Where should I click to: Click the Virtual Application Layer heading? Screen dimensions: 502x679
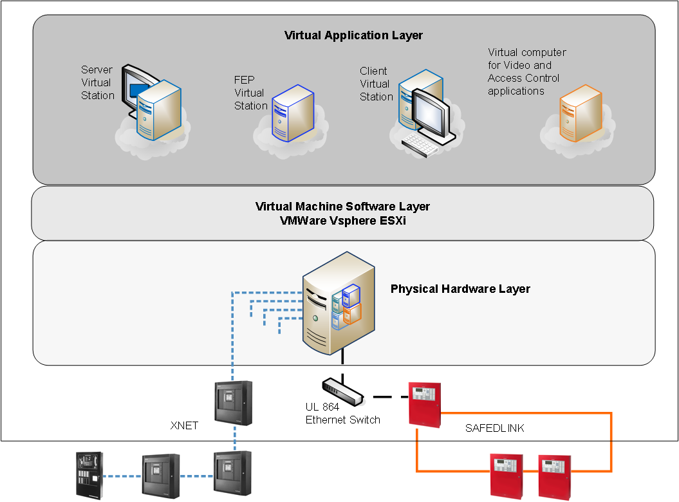tap(353, 35)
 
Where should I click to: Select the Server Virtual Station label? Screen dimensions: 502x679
tap(97, 82)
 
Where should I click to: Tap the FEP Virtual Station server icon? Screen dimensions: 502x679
tap(293, 113)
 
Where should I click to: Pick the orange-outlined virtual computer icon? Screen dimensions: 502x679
tap(580, 115)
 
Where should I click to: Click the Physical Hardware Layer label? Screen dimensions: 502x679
tap(460, 289)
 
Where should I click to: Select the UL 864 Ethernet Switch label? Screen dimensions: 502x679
tap(342, 413)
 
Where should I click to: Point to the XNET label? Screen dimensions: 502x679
tap(184, 425)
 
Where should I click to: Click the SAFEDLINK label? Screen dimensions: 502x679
tap(494, 428)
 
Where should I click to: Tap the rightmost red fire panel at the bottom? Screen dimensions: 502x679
tap(555, 476)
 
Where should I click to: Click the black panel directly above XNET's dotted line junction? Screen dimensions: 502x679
tap(233, 403)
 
